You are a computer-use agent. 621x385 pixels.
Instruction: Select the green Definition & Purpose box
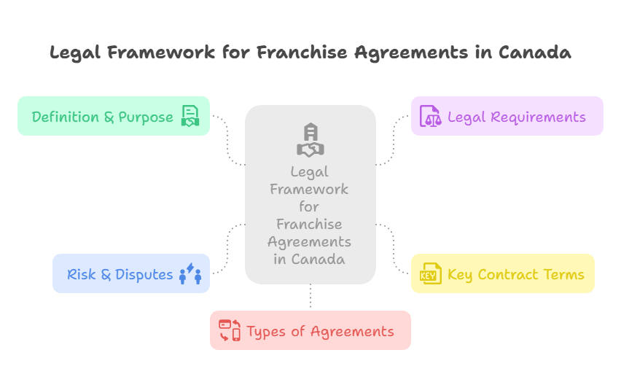[113, 116]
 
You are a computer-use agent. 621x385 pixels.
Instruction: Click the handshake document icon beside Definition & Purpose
[190, 117]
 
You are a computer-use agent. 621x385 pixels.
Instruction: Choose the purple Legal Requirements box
[507, 116]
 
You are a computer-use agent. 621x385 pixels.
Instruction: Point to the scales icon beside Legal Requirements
[431, 117]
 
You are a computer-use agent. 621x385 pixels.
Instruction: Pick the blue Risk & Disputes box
[130, 273]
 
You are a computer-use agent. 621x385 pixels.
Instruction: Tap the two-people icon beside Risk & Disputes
[190, 274]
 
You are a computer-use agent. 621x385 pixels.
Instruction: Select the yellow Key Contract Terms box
[502, 273]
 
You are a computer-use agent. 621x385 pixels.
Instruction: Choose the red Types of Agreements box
[310, 330]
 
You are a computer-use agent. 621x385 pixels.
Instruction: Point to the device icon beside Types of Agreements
[230, 330]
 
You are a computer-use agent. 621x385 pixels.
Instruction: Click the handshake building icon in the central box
[310, 140]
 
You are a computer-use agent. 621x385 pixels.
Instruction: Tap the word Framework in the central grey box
[310, 189]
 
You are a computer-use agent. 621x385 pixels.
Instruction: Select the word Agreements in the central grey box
[310, 241]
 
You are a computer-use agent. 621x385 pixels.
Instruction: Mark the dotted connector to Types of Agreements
[310, 297]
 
